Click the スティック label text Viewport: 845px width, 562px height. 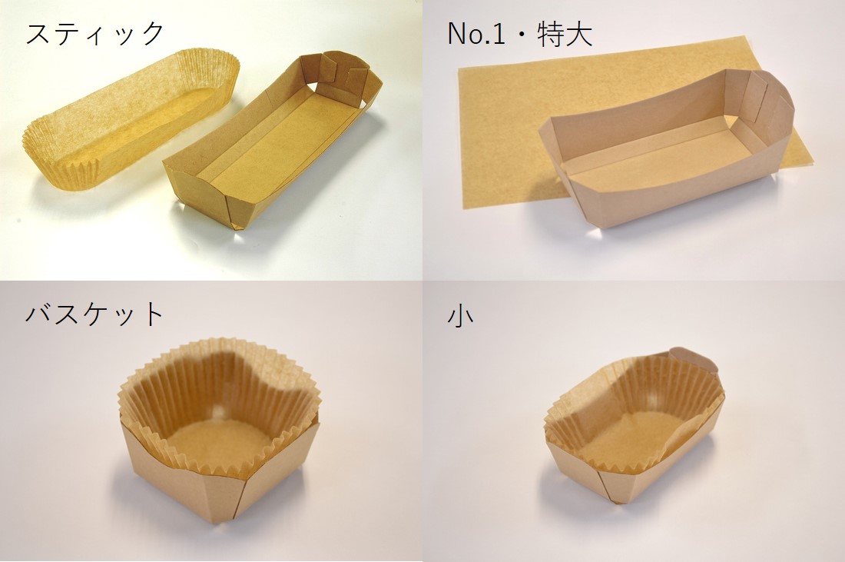94,34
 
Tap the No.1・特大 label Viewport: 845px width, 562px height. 519,34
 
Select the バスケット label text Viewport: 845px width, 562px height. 94,314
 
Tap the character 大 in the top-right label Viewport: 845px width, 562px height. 578,34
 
